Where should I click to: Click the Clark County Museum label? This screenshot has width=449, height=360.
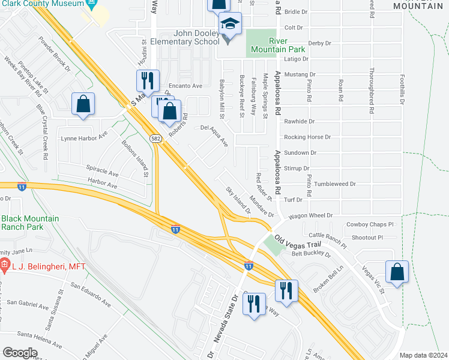[42, 4]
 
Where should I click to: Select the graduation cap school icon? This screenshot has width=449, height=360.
[229, 25]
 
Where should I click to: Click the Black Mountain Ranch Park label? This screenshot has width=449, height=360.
[30, 223]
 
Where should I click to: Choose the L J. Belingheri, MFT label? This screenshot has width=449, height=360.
[47, 266]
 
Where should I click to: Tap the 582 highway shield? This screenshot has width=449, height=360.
[155, 139]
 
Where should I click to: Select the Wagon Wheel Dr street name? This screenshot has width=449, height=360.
[310, 215]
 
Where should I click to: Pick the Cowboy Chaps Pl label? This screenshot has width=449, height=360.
[370, 225]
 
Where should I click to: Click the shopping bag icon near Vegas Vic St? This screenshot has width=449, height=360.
[397, 272]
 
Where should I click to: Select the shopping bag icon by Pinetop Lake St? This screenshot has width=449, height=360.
[83, 104]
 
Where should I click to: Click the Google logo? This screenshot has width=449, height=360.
[20, 352]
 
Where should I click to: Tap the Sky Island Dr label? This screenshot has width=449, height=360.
[238, 200]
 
